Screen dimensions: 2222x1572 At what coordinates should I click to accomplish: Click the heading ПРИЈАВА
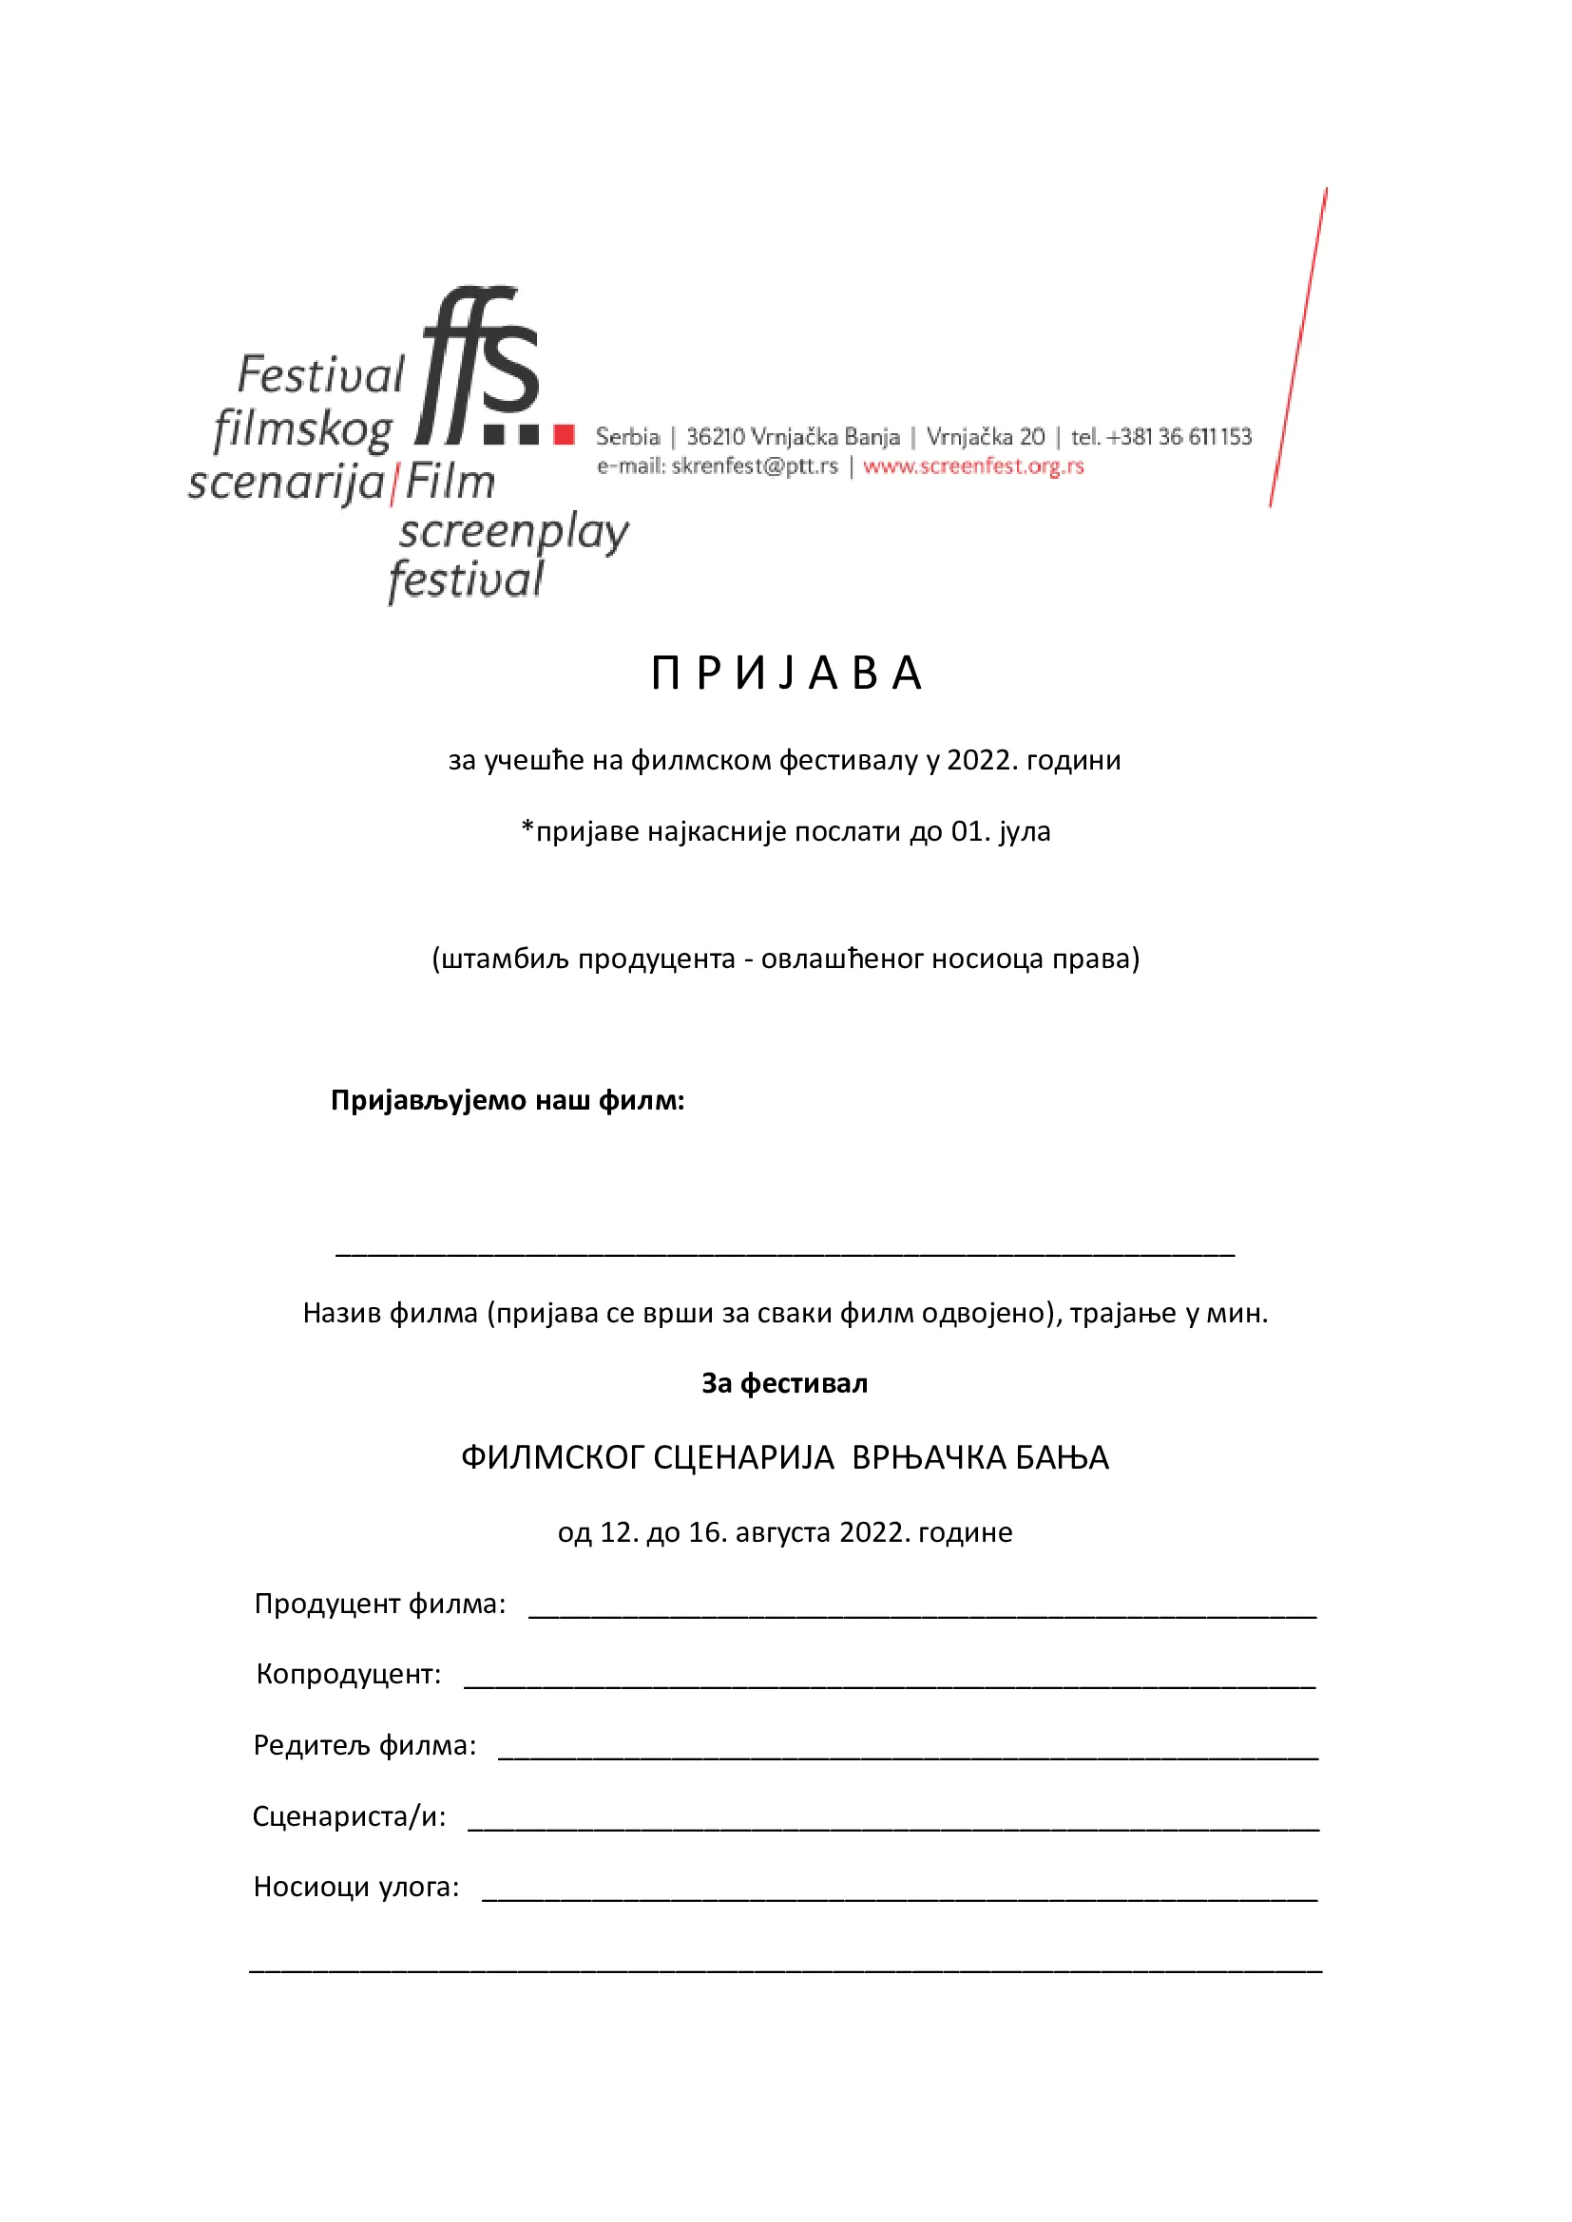coord(786,674)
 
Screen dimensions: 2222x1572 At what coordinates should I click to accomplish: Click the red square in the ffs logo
coord(564,434)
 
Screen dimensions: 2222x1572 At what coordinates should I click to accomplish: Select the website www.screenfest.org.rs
coord(973,466)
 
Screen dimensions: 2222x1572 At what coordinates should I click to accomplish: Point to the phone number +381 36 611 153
coord(1179,436)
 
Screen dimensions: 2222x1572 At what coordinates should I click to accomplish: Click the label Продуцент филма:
coord(379,1604)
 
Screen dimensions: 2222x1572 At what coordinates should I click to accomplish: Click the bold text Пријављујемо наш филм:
coord(508,1100)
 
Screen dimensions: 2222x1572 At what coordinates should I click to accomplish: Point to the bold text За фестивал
coord(784,1384)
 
